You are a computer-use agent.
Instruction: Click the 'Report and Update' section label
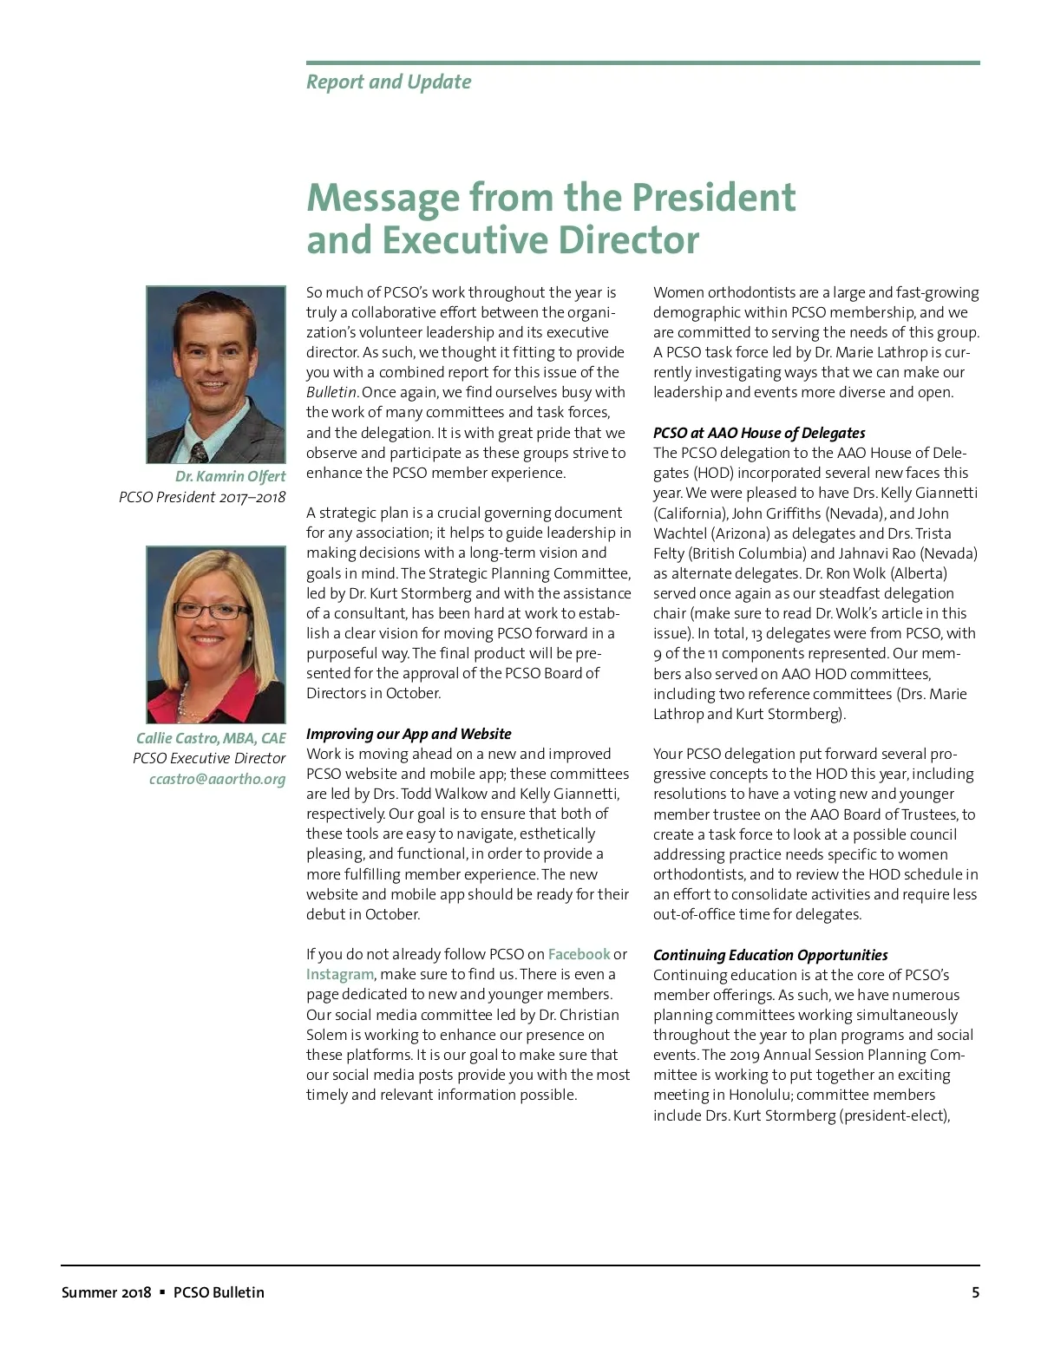click(x=389, y=82)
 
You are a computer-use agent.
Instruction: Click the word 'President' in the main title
click(x=712, y=198)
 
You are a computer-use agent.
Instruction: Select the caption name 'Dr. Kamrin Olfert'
click(x=230, y=476)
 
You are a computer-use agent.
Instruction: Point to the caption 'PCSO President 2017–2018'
click(x=202, y=497)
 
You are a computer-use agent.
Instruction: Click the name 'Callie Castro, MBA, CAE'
click(x=211, y=738)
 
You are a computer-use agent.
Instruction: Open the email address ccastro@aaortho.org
click(x=217, y=779)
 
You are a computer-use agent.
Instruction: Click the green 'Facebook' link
click(x=579, y=954)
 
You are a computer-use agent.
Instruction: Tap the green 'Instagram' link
click(x=339, y=974)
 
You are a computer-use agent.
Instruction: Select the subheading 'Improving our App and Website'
click(x=409, y=734)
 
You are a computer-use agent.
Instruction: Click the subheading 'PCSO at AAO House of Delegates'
click(x=759, y=433)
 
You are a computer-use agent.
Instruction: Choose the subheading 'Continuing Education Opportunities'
click(x=770, y=955)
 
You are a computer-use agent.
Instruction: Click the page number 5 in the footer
click(x=975, y=1292)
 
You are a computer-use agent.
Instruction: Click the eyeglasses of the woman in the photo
click(x=211, y=611)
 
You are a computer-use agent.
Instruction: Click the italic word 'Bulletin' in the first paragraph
click(x=331, y=392)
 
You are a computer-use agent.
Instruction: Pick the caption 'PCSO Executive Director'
click(x=209, y=758)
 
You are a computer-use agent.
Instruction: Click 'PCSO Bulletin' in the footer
click(x=219, y=1292)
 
